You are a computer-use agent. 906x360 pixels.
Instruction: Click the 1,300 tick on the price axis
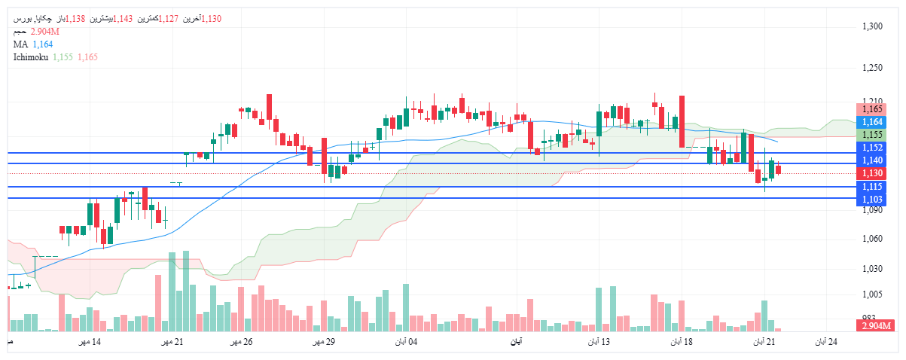point(872,27)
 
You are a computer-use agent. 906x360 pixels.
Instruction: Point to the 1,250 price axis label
point(872,69)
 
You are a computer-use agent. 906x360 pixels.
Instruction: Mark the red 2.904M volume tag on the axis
point(875,325)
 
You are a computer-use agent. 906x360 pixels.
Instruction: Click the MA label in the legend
point(20,44)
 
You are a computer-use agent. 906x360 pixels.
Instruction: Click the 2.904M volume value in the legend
point(45,32)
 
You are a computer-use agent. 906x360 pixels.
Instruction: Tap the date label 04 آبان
point(406,343)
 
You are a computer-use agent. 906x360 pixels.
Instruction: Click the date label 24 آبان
point(827,343)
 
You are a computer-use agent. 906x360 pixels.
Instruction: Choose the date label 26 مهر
point(241,343)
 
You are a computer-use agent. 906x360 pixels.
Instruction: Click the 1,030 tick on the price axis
point(872,269)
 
